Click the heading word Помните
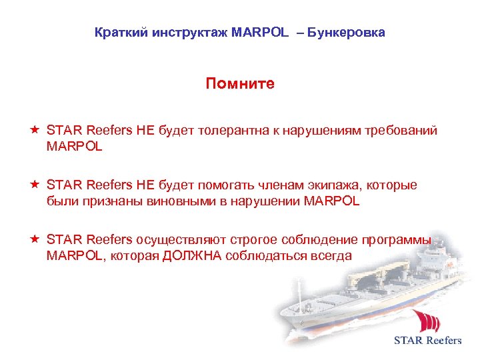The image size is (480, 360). point(240,84)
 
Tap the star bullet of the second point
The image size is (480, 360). point(34,185)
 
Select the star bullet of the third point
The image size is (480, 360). point(34,240)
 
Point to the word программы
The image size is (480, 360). point(398,241)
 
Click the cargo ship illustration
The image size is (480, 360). point(353,300)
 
